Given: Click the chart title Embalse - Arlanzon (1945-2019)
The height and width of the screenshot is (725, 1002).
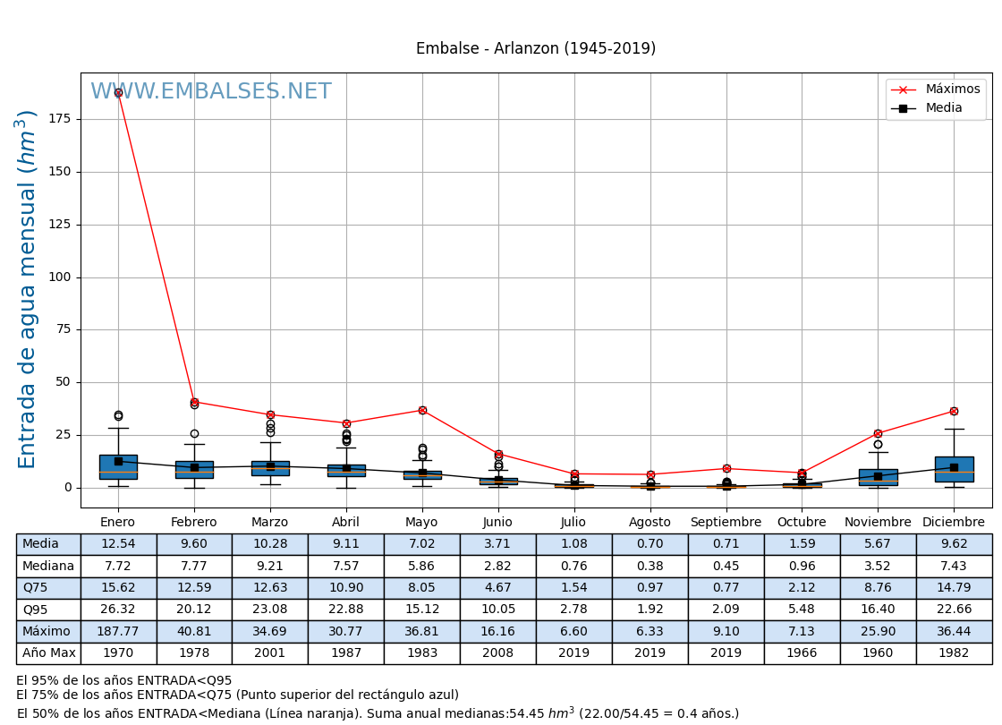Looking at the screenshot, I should [x=535, y=48].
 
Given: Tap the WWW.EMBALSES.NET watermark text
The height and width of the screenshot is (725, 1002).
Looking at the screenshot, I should [x=210, y=92].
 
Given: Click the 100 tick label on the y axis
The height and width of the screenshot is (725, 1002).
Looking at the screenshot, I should [x=62, y=277].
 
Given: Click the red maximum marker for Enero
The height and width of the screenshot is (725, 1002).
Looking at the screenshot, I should [x=118, y=92].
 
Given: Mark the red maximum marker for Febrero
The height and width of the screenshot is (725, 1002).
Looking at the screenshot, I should [x=194, y=402].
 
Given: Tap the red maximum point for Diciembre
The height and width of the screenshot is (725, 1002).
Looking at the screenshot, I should [x=954, y=411].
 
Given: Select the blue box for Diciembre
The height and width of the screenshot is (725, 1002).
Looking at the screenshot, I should [x=954, y=469].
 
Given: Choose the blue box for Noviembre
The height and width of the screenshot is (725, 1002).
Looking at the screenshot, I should [x=878, y=477].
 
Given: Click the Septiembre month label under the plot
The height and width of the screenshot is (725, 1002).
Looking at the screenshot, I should [x=726, y=523].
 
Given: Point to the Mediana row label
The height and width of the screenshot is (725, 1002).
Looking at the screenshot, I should [x=48, y=566].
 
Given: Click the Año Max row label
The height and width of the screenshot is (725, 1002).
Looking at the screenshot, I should [x=48, y=653].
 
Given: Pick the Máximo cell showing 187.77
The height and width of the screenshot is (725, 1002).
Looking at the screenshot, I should [x=118, y=631].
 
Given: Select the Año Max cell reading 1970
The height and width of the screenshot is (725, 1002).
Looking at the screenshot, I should [x=118, y=653].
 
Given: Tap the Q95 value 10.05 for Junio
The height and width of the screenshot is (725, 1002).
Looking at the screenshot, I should [x=497, y=610].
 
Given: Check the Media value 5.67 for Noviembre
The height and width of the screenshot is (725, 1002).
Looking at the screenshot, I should [x=878, y=544].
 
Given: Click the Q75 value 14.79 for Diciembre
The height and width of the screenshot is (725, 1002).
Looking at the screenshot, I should [x=954, y=588].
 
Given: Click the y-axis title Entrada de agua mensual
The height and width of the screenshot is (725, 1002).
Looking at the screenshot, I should [x=28, y=288].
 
